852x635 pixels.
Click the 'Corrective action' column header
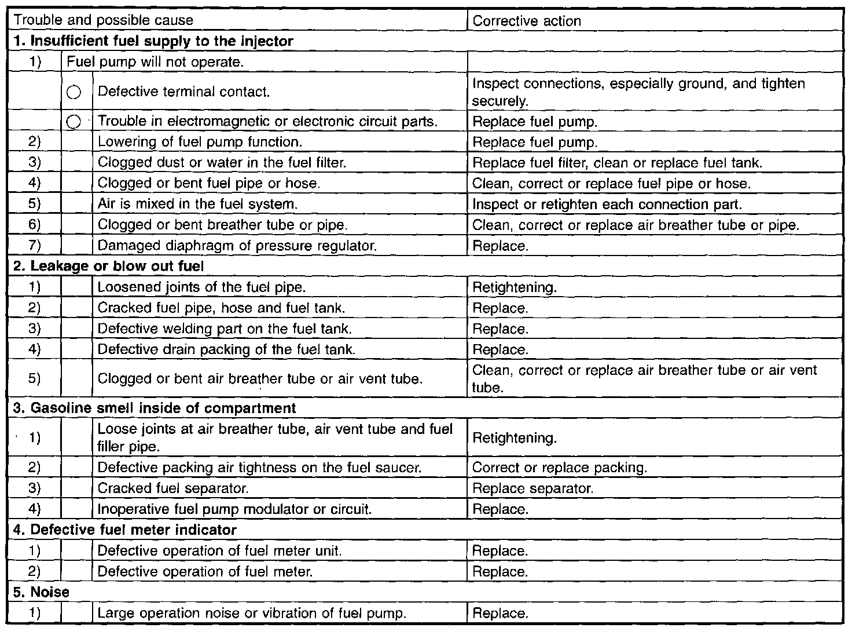point(527,21)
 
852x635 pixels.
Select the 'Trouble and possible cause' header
point(104,21)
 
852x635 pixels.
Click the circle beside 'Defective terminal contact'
point(74,92)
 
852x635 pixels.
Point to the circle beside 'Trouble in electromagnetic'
point(74,122)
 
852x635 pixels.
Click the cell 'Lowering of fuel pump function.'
point(200,142)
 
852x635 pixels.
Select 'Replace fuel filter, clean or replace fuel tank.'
point(617,163)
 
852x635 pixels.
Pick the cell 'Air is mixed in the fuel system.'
point(198,205)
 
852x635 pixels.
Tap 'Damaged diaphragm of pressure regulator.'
point(237,246)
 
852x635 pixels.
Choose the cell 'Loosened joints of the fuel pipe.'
point(201,287)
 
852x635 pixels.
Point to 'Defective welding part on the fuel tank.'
point(225,329)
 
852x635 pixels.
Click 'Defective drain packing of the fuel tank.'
point(226,350)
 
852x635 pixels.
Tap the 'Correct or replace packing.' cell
point(560,468)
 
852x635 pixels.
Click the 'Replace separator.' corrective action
point(533,488)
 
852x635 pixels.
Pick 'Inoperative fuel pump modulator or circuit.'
point(234,509)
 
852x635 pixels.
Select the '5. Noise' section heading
point(41,592)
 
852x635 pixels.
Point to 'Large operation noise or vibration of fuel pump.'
point(252,613)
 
